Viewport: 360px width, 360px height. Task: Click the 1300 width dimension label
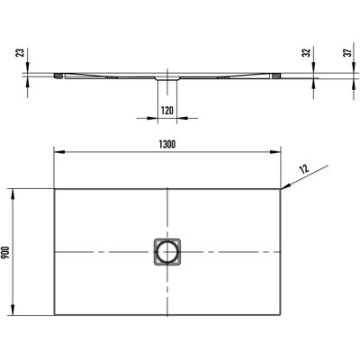coord(167,144)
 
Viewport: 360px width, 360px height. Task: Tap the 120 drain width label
coord(167,111)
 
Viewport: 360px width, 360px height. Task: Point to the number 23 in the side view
coord(21,53)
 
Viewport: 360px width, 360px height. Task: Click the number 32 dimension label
coord(306,53)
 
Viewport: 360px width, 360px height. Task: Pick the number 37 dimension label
coord(348,53)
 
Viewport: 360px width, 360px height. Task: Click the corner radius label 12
coord(304,169)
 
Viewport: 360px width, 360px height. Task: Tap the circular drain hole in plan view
coord(167,252)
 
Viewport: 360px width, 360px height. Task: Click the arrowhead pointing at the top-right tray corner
coord(285,186)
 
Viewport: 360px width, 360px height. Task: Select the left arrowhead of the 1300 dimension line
coord(58,152)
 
